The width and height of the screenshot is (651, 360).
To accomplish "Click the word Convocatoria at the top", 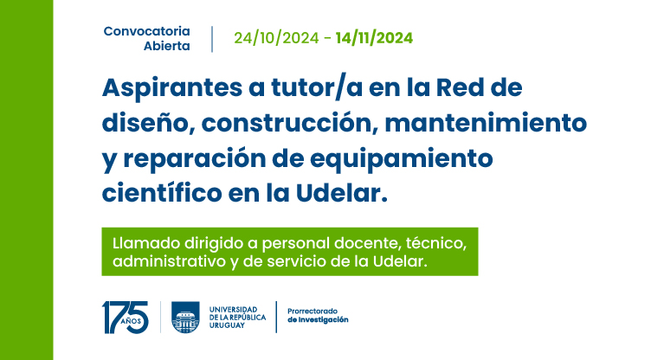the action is point(146,31).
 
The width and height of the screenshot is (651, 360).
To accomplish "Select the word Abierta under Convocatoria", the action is point(167,46).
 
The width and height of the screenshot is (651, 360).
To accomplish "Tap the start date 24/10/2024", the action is point(276,38).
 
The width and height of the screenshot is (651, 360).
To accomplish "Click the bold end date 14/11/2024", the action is point(374,38).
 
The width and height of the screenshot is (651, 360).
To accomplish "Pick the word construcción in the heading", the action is point(289,123).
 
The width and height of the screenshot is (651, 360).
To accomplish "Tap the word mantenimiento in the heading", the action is point(486,123).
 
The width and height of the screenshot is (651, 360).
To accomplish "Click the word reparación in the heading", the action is point(194,159).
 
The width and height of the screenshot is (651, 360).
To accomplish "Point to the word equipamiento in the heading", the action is point(401,159).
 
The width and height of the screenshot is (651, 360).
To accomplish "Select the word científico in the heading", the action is point(162,193).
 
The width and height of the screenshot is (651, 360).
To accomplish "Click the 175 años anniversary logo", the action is point(125,318).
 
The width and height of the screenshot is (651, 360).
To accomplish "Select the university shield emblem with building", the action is point(185,318).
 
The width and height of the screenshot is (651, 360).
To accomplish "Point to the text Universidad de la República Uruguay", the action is point(237,318).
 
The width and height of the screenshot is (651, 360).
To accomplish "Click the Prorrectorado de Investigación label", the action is point(318,316).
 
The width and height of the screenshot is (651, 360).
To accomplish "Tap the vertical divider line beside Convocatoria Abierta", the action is point(212,39).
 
